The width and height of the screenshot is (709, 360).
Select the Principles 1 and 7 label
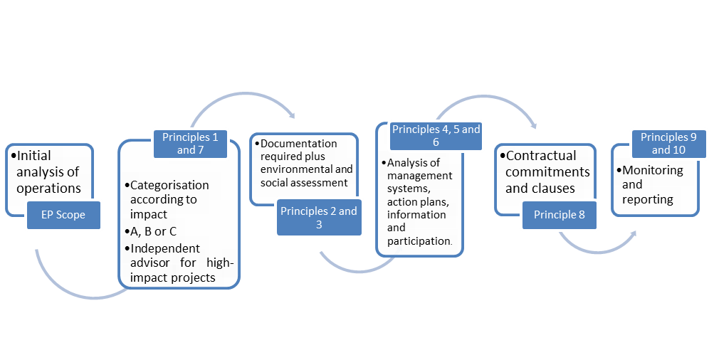(190, 143)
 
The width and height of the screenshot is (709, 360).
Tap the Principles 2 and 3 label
(318, 218)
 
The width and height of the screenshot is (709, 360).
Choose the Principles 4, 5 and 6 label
(436, 136)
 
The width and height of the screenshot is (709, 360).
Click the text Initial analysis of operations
(48, 171)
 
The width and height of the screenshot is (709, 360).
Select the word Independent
(165, 248)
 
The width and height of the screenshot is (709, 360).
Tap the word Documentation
(299, 144)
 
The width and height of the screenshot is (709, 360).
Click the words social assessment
(303, 183)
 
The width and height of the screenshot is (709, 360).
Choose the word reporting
(648, 199)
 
